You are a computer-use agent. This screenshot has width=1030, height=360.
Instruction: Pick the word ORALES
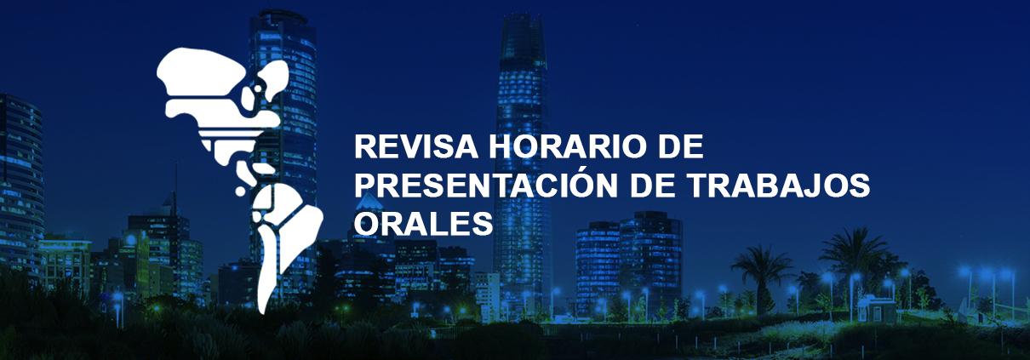[x=423, y=224]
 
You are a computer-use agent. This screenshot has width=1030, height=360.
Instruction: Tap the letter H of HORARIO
[x=501, y=146]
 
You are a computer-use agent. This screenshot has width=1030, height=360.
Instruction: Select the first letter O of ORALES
[x=367, y=224]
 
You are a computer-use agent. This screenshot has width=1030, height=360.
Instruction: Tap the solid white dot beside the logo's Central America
[x=241, y=191]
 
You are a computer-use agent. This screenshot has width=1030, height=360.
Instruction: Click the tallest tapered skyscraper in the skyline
[x=522, y=157]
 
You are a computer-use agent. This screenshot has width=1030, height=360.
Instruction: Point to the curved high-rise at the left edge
[x=20, y=184]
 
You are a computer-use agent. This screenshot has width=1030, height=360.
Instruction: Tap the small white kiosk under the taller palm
[x=876, y=309]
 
